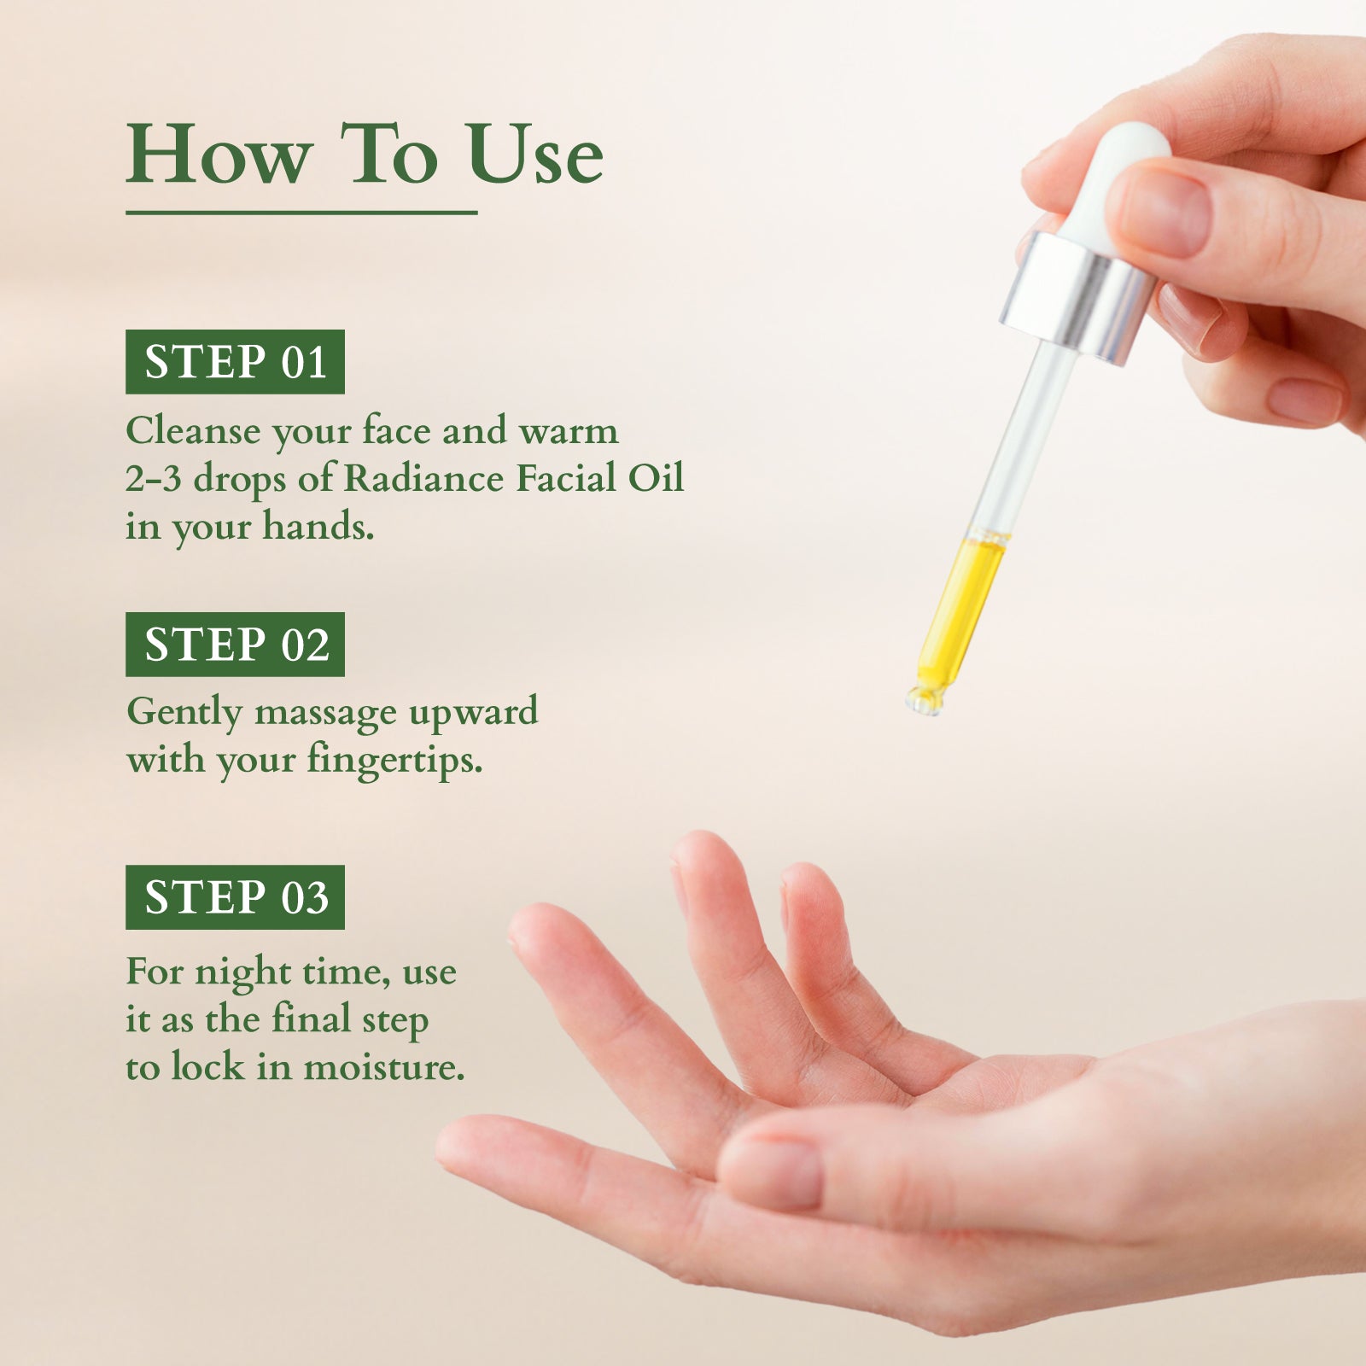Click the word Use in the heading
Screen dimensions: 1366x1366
pos(535,155)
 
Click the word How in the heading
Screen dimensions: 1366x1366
pos(219,155)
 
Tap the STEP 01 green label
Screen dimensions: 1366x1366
pos(235,362)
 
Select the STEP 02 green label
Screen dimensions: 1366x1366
pos(235,645)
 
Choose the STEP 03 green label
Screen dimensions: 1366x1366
pos(235,897)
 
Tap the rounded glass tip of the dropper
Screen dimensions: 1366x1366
pos(925,700)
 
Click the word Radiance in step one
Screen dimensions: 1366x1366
pos(423,478)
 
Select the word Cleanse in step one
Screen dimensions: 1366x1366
pos(193,431)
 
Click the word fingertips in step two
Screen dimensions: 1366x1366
pos(394,760)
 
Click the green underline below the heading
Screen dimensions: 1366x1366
pos(301,213)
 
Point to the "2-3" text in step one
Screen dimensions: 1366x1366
pos(154,479)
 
